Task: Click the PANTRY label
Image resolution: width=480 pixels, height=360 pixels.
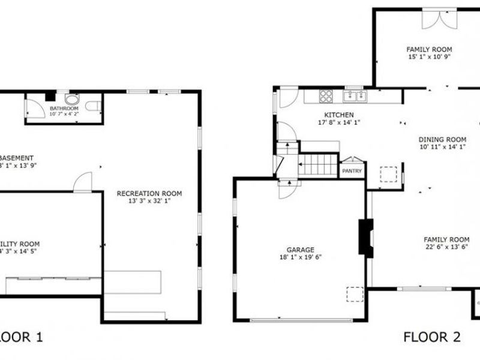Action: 351,171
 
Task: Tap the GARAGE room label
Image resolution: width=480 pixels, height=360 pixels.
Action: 300,250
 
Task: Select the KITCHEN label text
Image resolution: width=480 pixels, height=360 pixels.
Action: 339,115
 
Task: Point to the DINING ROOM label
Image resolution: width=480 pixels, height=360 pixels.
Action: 442,139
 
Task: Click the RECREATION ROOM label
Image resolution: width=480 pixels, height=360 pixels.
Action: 149,193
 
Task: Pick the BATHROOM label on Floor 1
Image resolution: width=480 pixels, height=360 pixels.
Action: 64,109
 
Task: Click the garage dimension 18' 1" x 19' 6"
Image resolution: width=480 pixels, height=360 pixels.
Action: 300,257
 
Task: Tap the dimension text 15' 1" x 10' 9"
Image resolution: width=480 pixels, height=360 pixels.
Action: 428,56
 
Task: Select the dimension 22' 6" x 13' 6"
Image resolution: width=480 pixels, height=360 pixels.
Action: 446,247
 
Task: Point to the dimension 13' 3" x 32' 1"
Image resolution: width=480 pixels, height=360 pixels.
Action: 149,201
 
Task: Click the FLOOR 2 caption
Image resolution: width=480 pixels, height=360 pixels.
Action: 427,337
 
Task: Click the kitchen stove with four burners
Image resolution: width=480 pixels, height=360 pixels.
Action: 327,95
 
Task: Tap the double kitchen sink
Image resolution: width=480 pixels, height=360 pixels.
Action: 353,95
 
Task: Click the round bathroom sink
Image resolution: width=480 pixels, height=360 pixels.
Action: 71,100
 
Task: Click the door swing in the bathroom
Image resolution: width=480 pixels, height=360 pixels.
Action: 34,108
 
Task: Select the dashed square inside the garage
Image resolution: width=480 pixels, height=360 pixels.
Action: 355,294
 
